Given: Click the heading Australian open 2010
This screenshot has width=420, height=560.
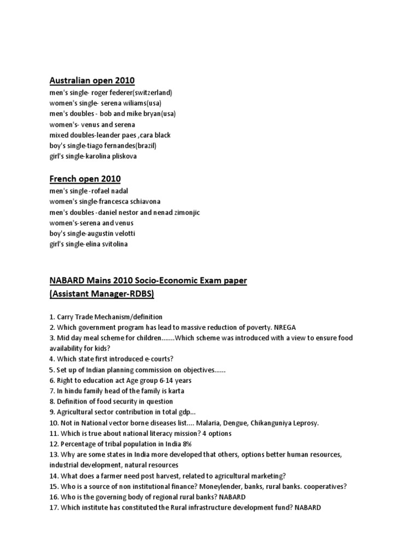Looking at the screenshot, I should [92, 81].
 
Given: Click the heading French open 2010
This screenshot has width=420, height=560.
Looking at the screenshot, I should [85, 179].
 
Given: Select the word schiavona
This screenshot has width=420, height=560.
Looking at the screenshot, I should [142, 202].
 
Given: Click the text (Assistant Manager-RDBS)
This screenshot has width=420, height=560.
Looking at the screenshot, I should [102, 294].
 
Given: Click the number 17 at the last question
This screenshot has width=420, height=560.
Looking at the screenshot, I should [53, 507].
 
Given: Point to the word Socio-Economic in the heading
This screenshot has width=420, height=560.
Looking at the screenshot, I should [160, 281].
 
